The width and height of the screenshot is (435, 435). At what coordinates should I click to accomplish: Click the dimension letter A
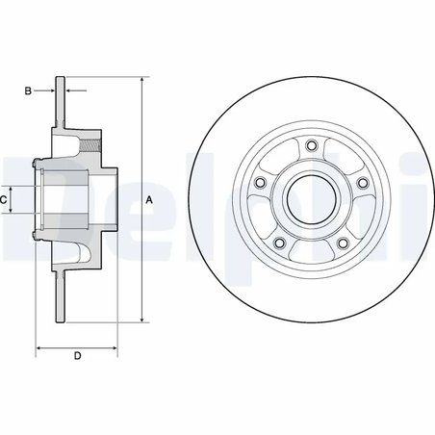[x=148, y=199]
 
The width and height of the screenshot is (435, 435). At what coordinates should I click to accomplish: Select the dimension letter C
[x=5, y=199]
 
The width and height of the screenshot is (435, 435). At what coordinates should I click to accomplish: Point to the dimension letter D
[x=76, y=357]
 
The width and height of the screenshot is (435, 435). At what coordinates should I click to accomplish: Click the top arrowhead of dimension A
[x=141, y=79]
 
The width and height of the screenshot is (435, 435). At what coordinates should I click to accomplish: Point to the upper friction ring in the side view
[x=61, y=101]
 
